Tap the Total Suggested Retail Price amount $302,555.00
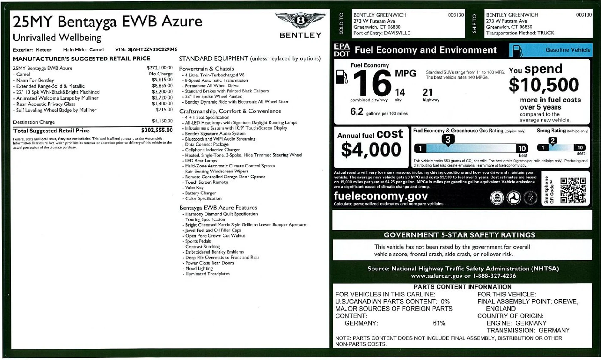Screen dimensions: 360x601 tap(157, 130)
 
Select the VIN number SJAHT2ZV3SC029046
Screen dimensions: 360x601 tap(152, 49)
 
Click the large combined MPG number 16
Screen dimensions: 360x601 tap(372, 83)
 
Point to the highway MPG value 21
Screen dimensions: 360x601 tap(427, 92)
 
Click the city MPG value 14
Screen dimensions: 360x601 tap(400, 92)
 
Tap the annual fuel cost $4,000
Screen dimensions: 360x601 tap(371, 150)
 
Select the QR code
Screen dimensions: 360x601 tap(573, 190)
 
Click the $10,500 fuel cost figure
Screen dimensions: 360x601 tap(544, 85)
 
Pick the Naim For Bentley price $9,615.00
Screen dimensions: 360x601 tap(162, 80)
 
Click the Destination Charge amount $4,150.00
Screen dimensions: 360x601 tap(162, 121)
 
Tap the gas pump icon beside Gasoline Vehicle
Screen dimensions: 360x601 tap(518, 51)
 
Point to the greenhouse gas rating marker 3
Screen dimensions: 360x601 tap(448, 140)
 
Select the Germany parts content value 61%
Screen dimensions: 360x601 tap(439, 323)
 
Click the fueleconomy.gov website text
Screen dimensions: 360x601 tap(381, 196)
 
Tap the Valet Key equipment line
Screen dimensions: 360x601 tap(194, 188)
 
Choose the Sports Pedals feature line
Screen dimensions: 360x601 tap(198, 241)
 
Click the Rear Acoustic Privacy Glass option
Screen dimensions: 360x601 tap(46, 104)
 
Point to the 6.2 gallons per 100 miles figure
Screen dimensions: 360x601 tap(357, 112)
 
